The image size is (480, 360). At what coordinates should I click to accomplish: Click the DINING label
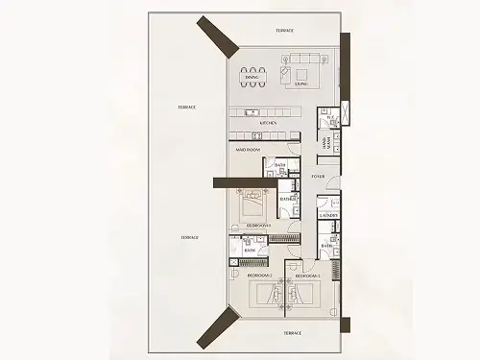pos(252,90)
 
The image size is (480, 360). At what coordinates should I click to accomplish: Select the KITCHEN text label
pos(270,124)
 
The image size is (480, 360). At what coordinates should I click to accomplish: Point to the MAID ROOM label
pos(250,150)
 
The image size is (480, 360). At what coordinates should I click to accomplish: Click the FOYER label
pos(318,178)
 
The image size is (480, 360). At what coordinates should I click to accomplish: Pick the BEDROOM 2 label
pos(259,276)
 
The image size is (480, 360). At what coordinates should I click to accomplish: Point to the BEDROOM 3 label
pos(306,276)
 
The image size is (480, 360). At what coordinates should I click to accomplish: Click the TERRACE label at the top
pos(285,31)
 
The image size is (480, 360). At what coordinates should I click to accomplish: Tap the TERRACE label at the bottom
pos(292,332)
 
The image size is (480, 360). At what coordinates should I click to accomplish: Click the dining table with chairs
pos(252,75)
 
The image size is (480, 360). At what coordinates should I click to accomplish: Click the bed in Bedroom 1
pos(254,204)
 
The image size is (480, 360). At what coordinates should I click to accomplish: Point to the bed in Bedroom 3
pos(299,297)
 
